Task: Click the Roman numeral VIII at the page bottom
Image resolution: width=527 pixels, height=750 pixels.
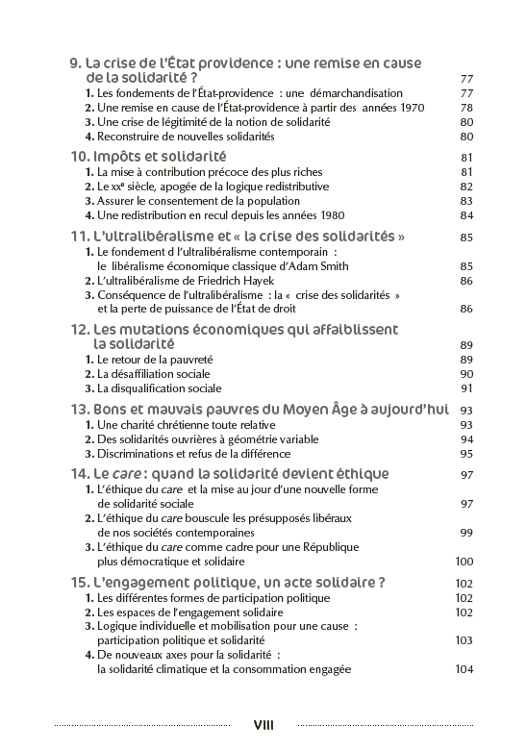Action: [x=263, y=724]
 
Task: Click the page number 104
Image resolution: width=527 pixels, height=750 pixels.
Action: [x=464, y=669]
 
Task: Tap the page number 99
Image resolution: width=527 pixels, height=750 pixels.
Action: [x=467, y=532]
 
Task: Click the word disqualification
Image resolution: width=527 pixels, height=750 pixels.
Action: [x=142, y=388]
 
